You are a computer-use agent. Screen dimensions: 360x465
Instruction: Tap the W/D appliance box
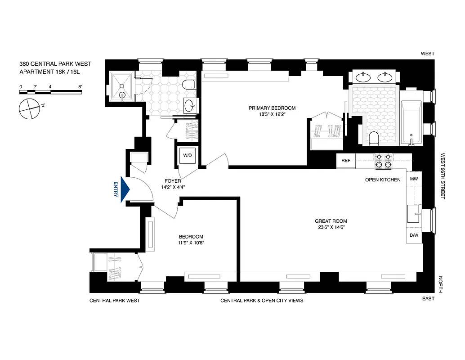coord(187,156)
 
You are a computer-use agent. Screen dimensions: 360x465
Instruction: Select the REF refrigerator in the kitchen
coord(346,160)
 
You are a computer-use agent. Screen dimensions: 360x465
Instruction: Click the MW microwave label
coord(414,179)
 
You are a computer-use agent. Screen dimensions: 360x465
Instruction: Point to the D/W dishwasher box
coord(414,235)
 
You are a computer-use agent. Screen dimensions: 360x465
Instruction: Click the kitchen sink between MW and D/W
coord(413,213)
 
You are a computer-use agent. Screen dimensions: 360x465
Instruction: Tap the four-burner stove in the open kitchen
coord(384,161)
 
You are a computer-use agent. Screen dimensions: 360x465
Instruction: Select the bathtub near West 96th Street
coord(411,122)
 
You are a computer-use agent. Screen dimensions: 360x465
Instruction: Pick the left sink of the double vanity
coord(363,77)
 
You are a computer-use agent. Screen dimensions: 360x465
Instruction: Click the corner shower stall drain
coord(123,95)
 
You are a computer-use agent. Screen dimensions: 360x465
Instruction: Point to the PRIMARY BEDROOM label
coord(273,108)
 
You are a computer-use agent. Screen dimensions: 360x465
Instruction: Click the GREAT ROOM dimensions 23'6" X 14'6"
coord(331,228)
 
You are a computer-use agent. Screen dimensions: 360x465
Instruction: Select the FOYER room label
coord(173,181)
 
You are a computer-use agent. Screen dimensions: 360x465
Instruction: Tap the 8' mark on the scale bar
coord(80,86)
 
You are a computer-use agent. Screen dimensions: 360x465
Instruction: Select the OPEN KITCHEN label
coord(382,180)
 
